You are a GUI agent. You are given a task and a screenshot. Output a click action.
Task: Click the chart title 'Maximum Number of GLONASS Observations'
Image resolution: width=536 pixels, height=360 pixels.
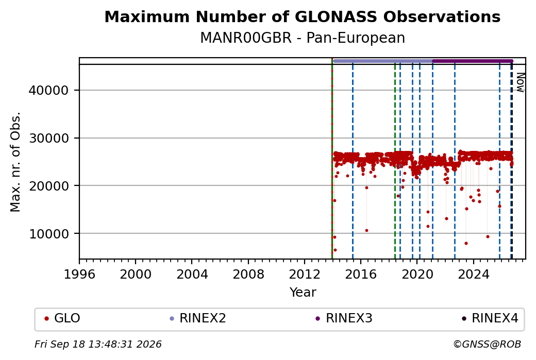tap(302, 16)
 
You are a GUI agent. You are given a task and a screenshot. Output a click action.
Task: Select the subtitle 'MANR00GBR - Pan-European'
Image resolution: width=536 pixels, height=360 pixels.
tap(302, 38)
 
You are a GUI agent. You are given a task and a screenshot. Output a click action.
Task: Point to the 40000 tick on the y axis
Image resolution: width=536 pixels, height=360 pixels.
tap(49, 91)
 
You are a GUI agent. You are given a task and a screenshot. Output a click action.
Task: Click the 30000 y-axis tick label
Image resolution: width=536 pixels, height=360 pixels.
tap(49, 139)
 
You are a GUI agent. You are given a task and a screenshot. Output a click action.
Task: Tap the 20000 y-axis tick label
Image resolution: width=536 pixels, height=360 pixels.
tap(49, 186)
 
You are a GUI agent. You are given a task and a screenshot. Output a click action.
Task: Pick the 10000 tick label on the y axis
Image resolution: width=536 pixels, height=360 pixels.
tap(49, 234)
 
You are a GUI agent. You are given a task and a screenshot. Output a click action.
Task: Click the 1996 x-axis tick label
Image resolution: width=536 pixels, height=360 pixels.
tap(79, 274)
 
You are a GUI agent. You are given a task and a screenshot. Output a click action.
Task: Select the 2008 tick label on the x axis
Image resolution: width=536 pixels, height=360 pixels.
tap(248, 274)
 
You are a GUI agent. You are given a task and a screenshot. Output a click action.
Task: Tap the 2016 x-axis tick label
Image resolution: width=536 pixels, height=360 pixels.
tap(361, 274)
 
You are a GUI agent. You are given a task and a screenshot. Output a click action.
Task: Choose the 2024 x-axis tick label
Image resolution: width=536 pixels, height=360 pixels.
tap(474, 274)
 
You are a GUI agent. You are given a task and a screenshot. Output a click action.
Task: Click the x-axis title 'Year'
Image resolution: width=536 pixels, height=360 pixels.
tap(303, 293)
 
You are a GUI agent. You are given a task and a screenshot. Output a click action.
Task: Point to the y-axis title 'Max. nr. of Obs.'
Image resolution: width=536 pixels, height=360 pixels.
tap(15, 162)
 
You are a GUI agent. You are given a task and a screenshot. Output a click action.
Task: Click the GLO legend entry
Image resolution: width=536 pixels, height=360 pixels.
tap(62, 318)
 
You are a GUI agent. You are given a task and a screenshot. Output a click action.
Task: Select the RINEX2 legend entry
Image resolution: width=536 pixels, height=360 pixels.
tap(198, 318)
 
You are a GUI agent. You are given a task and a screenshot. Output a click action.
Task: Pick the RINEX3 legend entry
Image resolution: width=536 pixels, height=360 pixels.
tap(344, 318)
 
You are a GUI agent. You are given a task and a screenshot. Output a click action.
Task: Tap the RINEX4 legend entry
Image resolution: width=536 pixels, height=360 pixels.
tap(490, 318)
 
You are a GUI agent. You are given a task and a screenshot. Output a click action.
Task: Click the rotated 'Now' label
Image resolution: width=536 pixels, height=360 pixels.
tap(520, 82)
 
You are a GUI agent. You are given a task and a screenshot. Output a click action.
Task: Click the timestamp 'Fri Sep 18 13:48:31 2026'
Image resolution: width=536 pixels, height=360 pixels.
tap(98, 344)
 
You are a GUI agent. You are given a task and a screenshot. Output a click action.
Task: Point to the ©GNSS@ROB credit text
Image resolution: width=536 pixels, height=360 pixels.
tap(487, 344)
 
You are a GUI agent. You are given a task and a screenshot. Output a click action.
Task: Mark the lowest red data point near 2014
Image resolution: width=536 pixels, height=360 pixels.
tap(335, 250)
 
